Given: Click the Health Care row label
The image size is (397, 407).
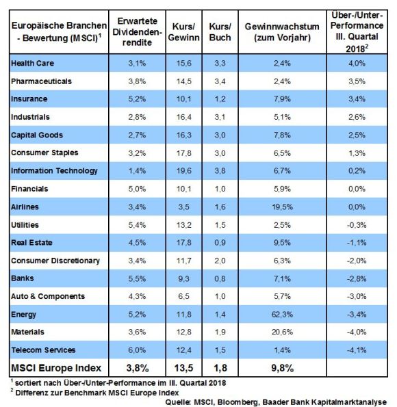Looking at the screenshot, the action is tap(32, 63).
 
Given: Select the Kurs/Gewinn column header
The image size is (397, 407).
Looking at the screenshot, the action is tap(183, 32).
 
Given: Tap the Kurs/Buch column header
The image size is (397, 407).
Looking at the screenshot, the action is tap(220, 32).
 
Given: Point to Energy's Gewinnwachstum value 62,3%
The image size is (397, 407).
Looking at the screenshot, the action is tap(282, 315).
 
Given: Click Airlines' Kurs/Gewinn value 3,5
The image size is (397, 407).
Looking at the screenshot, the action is tap(183, 207).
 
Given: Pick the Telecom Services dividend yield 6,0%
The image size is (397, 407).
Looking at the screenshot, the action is tap(137, 350).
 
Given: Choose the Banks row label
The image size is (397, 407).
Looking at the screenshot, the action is tap(23, 278).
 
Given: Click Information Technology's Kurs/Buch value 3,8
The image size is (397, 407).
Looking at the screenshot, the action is tap(220, 171).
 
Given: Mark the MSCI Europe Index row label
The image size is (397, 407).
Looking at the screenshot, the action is tap(56, 368).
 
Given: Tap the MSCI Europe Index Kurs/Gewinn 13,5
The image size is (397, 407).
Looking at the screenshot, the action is tap(183, 368).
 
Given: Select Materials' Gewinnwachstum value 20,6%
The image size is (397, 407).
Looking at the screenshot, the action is tap(282, 332).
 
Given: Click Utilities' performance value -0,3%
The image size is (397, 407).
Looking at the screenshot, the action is tap(357, 225).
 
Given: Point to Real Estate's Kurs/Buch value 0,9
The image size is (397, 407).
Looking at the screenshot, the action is tap(220, 243).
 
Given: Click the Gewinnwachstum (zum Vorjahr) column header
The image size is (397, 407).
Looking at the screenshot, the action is tap(282, 32).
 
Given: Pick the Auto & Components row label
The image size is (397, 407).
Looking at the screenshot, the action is tap(48, 296).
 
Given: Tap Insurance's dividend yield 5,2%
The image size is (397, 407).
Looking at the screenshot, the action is tap(137, 99).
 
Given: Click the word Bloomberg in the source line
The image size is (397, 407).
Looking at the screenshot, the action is tap(238, 402).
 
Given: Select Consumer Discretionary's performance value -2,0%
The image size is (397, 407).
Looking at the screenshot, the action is tap(357, 261).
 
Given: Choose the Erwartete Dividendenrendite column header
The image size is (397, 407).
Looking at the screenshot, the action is tap(137, 31).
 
